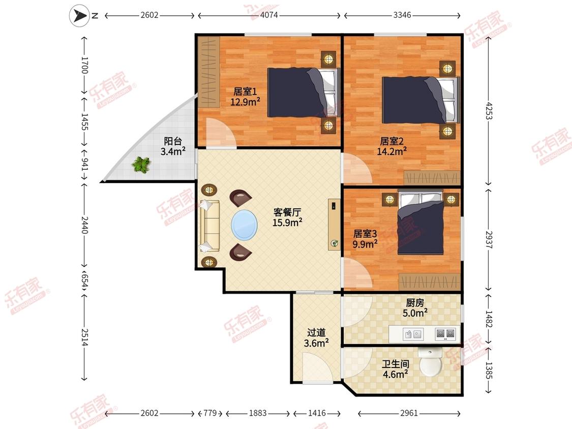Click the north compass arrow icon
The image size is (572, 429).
pos(79,15)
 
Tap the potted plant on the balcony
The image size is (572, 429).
pos(141,165)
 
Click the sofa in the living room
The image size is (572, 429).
pos(209,226)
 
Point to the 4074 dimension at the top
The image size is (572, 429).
pos(269,15)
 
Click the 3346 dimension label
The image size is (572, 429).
pos(402,15)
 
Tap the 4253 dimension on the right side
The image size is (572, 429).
pos(489,111)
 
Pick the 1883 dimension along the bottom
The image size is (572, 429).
pos(258,413)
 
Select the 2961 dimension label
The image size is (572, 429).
pos(409,413)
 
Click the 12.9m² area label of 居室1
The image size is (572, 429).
pos(245,102)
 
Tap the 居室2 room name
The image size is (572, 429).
pos(392,141)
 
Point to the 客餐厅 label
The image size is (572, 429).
pos(287,212)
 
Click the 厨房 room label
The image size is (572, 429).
pos(415,303)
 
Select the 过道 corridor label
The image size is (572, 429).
pos(316,332)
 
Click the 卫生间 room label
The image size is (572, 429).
pos(396,364)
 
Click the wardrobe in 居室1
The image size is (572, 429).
pos(208,72)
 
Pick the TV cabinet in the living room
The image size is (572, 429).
pos(334,224)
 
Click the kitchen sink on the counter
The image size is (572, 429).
pos(413,334)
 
